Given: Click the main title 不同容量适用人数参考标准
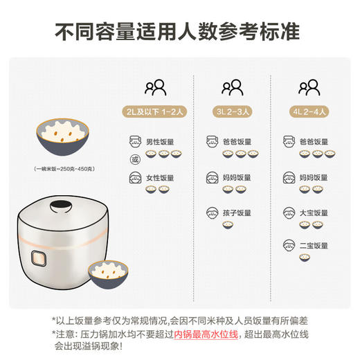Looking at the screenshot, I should click(180, 32).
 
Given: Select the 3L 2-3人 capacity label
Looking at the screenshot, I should click(233, 110).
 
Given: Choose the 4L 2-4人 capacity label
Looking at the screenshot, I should click(309, 110).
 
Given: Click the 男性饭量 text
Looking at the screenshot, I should click(159, 142).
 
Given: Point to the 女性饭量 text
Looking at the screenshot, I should click(159, 178).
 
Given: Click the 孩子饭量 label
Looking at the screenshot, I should click(237, 212).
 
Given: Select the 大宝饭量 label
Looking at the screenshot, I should click(314, 212).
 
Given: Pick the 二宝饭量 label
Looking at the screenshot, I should click(314, 246).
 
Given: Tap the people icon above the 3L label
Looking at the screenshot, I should click(233, 88).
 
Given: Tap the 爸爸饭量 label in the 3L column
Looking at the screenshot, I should click(237, 142).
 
